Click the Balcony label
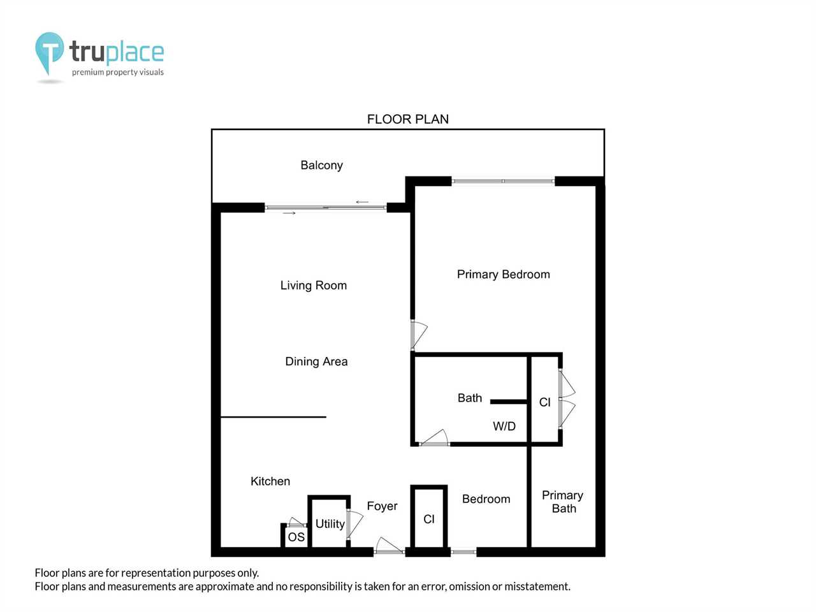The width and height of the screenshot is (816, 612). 321,165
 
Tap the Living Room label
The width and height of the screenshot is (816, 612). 314,286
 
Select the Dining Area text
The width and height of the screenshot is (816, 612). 316,361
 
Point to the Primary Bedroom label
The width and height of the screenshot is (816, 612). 504,275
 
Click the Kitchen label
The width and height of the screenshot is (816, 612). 270,481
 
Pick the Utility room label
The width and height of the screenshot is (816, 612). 330,524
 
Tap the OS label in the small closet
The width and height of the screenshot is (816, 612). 296,537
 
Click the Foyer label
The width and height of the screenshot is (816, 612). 382,506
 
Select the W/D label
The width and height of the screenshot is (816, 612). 504,426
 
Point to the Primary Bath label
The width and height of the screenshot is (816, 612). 563,502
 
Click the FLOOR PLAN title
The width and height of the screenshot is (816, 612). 408,119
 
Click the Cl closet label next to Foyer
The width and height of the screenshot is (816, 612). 428,520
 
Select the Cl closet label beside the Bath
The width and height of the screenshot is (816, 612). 544,402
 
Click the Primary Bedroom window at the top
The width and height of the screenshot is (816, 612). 503,181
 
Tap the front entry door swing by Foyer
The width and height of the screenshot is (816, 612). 389,546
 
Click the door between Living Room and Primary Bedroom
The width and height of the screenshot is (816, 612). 419,335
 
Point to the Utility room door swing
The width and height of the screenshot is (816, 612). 354,524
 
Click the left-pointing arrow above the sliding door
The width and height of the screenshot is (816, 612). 362,202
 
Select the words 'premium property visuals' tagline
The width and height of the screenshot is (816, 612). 118,72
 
